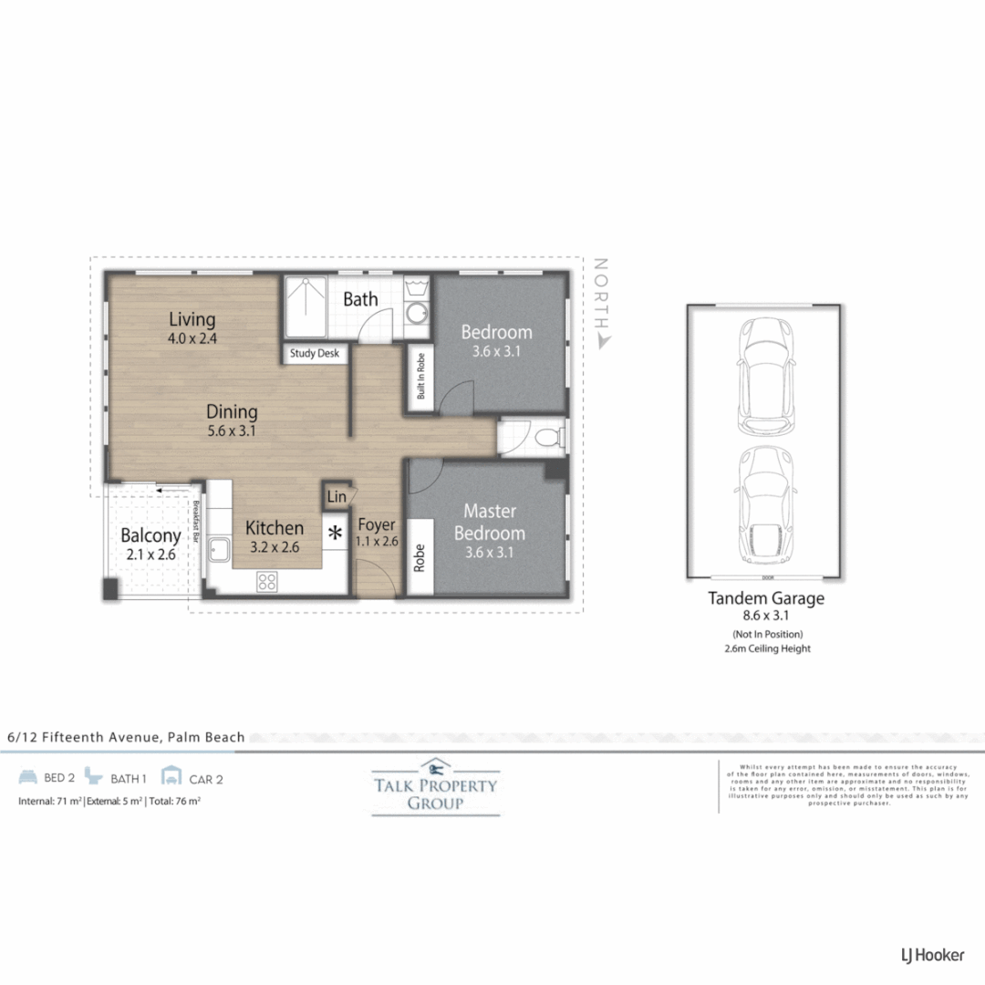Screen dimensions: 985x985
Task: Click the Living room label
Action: pyautogui.click(x=192, y=320)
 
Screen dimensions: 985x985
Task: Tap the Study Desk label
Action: pyautogui.click(x=315, y=354)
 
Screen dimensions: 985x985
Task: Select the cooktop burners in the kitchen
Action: pyautogui.click(x=266, y=581)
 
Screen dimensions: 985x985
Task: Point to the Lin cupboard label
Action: pyautogui.click(x=337, y=497)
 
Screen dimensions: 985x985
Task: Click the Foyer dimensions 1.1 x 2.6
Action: pyautogui.click(x=376, y=541)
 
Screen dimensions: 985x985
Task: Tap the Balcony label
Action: pyautogui.click(x=150, y=535)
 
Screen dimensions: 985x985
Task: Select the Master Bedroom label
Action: pyautogui.click(x=490, y=522)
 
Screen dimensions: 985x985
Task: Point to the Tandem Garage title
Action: pyautogui.click(x=766, y=598)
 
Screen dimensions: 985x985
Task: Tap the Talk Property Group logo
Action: pyautogui.click(x=435, y=786)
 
